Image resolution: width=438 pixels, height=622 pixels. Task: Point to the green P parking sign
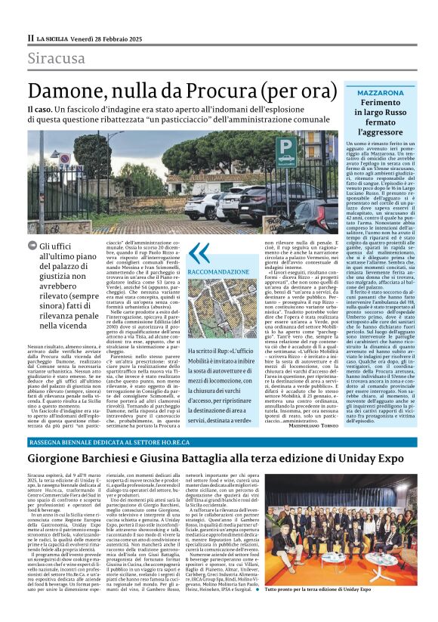tap(285, 148)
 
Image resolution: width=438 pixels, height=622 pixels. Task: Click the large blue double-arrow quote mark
tap(198, 252)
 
